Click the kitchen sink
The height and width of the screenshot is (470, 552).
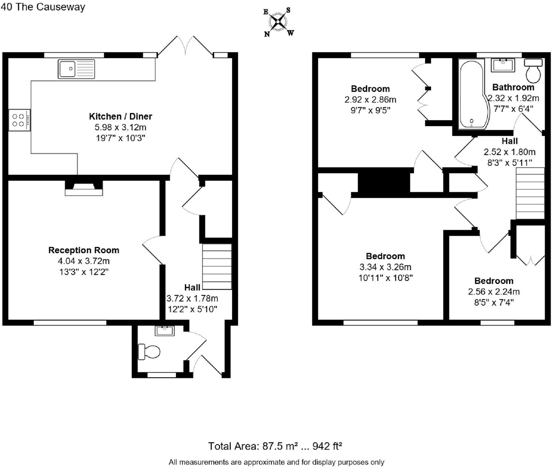pyautogui.click(x=76, y=69)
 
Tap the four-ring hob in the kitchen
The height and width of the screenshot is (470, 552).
pyautogui.click(x=19, y=120)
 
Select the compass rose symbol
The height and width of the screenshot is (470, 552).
pyautogui.click(x=278, y=22)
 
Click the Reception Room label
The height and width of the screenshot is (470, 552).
pyautogui.click(x=84, y=250)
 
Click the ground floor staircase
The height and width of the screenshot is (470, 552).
pyautogui.click(x=217, y=266)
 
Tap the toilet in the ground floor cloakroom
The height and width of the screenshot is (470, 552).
pyautogui.click(x=149, y=352)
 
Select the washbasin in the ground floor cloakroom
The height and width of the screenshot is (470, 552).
pyautogui.click(x=164, y=331)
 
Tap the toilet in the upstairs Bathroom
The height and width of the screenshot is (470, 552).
pyautogui.click(x=533, y=71)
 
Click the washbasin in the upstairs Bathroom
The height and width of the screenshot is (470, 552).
pyautogui.click(x=503, y=65)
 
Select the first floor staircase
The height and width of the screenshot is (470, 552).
pyautogui.click(x=530, y=193)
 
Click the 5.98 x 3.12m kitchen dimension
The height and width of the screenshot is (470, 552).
pyautogui.click(x=120, y=127)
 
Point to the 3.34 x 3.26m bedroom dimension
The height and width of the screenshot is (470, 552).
pyautogui.click(x=385, y=267)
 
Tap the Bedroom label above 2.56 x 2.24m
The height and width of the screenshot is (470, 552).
pyautogui.click(x=494, y=281)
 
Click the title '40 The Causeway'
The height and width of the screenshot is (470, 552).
pyautogui.click(x=43, y=7)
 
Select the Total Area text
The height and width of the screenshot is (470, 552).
pyautogui.click(x=275, y=446)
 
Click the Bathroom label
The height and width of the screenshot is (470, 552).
pyautogui.click(x=513, y=87)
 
